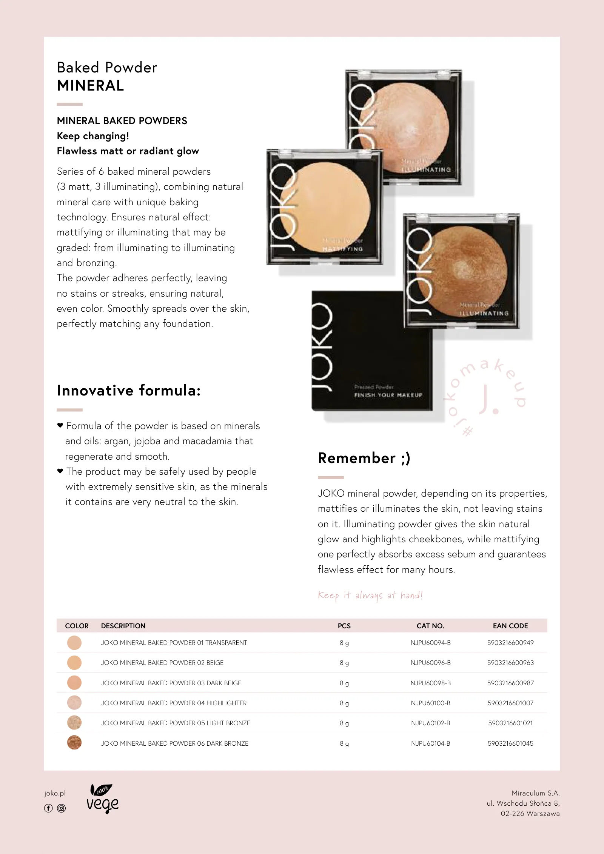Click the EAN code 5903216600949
[x=510, y=643]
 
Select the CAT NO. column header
[x=430, y=626]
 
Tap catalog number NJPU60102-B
[x=430, y=723]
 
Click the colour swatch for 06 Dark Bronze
[x=74, y=743]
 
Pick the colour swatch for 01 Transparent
[x=74, y=643]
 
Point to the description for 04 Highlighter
[x=174, y=703]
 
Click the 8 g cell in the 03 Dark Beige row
[x=344, y=683]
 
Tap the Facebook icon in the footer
[x=48, y=808]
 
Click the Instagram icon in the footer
[x=61, y=808]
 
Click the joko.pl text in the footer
[x=55, y=793]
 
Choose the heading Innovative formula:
[x=129, y=391]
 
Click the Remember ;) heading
[x=364, y=458]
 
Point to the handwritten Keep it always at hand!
[x=370, y=595]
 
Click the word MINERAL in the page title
[x=90, y=86]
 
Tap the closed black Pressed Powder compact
[x=372, y=351]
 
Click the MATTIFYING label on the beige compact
[x=342, y=249]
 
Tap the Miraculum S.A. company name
[x=536, y=793]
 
